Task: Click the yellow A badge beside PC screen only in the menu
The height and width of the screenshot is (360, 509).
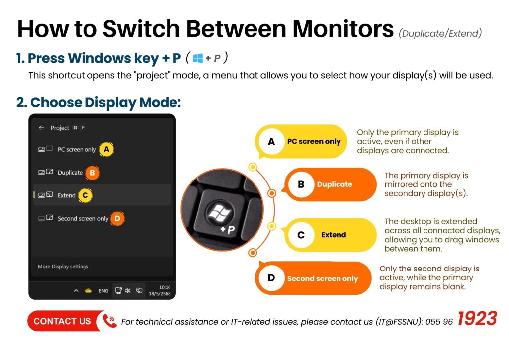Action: pyautogui.click(x=106, y=150)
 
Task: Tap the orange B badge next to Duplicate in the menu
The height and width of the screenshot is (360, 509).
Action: pyautogui.click(x=92, y=173)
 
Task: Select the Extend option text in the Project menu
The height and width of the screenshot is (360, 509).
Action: pyautogui.click(x=67, y=195)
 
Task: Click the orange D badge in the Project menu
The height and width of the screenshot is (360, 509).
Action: pyautogui.click(x=117, y=219)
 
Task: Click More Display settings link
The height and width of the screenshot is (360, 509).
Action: pyautogui.click(x=63, y=266)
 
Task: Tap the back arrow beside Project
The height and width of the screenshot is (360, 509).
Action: pyautogui.click(x=41, y=128)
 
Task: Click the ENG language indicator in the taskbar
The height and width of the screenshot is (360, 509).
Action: pyautogui.click(x=103, y=291)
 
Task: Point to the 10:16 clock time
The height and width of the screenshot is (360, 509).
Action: pyautogui.click(x=165, y=287)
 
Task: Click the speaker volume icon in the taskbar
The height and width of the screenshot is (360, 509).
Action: pyautogui.click(x=128, y=290)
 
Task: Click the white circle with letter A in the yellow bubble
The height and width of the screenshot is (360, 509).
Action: pyautogui.click(x=271, y=142)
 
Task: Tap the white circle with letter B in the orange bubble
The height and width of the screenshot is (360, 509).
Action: pyautogui.click(x=301, y=184)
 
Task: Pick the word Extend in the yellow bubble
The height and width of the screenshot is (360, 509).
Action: pyautogui.click(x=334, y=235)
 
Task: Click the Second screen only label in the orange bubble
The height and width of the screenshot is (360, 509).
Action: pyautogui.click(x=323, y=279)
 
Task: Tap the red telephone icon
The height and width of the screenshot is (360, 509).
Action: pyautogui.click(x=110, y=321)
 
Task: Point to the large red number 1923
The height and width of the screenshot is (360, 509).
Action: pyautogui.click(x=477, y=318)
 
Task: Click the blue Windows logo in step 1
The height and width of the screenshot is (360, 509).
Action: pyautogui.click(x=198, y=58)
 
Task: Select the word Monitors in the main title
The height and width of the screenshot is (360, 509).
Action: pyautogui.click(x=343, y=29)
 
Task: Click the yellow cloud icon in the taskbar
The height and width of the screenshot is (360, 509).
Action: pyautogui.click(x=88, y=291)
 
